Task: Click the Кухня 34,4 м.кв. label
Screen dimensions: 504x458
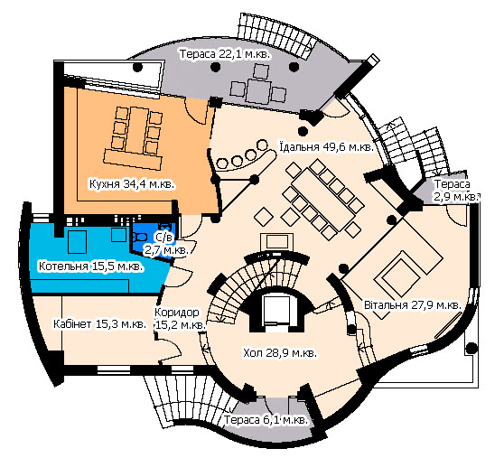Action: click(132, 184)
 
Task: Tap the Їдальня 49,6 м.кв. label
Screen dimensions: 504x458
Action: click(327, 147)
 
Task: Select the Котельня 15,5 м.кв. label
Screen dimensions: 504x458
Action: click(91, 266)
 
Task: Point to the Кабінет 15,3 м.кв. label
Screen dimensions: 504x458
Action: click(99, 324)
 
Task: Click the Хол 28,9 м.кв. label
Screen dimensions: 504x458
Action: click(280, 352)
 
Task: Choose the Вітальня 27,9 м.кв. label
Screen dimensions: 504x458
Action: click(413, 304)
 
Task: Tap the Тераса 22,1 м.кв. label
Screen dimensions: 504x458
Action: click(225, 53)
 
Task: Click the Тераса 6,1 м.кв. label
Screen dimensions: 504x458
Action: click(266, 419)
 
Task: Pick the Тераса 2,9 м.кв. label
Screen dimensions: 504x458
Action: click(455, 191)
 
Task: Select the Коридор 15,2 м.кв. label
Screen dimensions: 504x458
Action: click(180, 319)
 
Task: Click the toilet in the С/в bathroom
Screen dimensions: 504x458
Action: click(139, 237)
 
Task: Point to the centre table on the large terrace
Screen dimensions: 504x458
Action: click(258, 91)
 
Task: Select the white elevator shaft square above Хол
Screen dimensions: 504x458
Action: click(276, 310)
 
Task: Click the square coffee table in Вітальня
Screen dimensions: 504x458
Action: click(398, 273)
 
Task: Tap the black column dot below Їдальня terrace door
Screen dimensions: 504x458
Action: click(303, 131)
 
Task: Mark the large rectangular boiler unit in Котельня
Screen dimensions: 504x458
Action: click(77, 242)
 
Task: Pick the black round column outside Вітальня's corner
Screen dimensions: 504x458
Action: click(471, 348)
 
